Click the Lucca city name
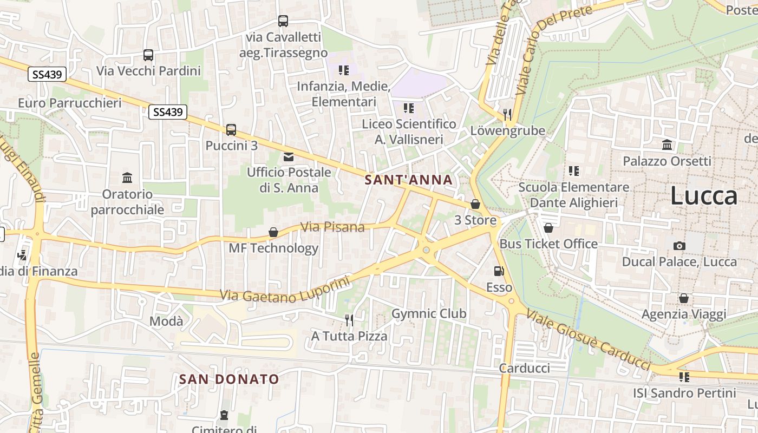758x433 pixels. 704,196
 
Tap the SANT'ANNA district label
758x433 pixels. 409,180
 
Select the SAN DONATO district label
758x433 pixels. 229,379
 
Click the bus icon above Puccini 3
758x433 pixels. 231,130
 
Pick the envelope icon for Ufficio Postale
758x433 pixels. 289,157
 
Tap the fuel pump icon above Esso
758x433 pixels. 499,271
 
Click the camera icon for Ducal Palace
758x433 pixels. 679,246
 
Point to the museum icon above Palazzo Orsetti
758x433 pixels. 667,145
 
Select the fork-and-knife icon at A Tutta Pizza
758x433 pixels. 349,320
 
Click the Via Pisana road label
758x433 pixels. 332,227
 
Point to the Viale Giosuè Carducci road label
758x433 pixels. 587,339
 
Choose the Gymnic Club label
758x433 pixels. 429,313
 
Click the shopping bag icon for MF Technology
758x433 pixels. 273,232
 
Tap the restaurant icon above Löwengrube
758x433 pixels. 507,114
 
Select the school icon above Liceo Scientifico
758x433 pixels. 409,108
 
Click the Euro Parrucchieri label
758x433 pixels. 70,103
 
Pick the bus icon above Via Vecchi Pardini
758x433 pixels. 148,55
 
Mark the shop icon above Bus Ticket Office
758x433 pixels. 548,228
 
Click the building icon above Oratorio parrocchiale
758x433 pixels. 127,178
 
